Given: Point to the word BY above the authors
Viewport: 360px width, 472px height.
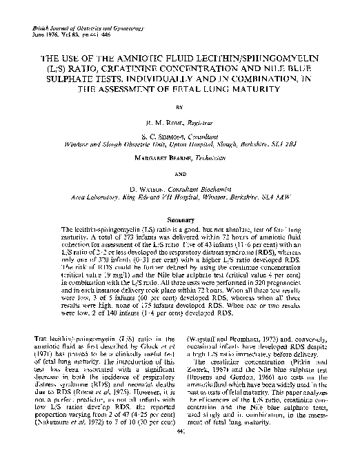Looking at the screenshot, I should click(x=180, y=108).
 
